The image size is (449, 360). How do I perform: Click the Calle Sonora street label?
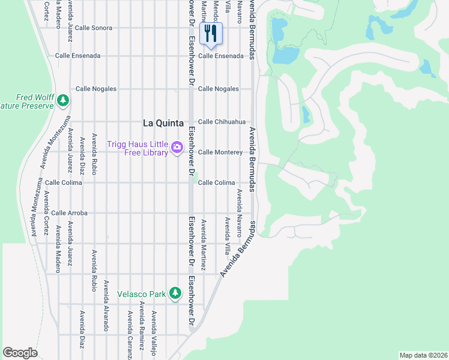tap(94, 28)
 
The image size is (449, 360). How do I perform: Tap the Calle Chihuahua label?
tap(221, 121)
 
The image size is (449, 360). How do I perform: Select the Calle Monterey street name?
tap(220, 152)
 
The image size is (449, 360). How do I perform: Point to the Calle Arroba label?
tap(69, 213)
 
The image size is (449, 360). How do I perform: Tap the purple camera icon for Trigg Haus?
tap(176, 147)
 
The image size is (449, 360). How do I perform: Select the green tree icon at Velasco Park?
tap(175, 293)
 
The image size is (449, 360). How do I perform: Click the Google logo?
tap(20, 353)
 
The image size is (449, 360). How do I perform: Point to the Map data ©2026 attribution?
tap(423, 355)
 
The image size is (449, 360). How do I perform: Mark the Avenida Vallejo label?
tap(154, 333)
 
